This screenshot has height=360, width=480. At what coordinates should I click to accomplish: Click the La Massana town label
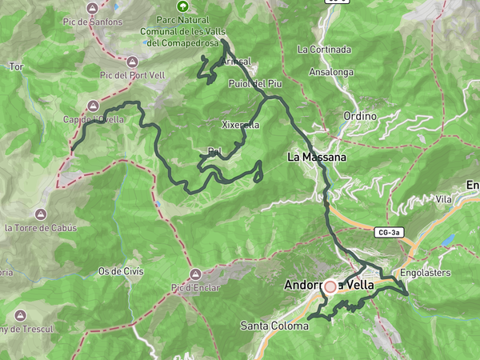tap(317, 158)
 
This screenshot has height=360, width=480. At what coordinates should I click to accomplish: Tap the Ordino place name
tap(360, 116)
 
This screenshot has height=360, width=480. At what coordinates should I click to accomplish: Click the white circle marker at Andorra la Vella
tap(330, 286)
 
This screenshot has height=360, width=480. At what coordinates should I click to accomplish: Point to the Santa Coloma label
tap(274, 326)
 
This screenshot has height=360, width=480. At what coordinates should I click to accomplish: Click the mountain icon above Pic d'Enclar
tap(194, 273)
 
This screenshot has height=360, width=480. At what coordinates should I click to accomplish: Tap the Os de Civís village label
tap(120, 271)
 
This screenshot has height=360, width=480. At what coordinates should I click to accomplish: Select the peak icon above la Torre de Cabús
tap(41, 214)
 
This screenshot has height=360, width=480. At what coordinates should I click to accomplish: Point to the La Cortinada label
tap(324, 49)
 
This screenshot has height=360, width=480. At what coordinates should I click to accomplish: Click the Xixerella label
tap(240, 125)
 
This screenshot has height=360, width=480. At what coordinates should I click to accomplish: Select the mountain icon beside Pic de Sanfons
tap(94, 9)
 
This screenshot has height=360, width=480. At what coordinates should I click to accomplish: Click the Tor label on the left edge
tap(15, 67)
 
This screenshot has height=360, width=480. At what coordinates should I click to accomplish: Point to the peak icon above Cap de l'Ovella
tap(94, 106)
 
